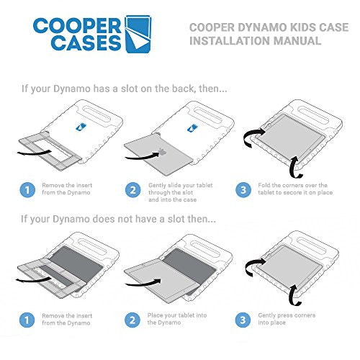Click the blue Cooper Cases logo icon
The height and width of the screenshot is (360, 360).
click(x=138, y=34)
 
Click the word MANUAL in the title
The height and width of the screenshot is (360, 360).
click(x=297, y=40)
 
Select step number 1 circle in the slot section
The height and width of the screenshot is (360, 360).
click(x=27, y=190)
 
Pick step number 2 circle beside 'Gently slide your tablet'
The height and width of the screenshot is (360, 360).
click(x=133, y=190)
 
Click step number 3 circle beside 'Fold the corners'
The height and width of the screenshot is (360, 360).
click(x=243, y=190)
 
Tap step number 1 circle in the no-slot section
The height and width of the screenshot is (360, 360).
click(x=27, y=320)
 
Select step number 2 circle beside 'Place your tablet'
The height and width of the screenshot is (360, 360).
click(x=132, y=320)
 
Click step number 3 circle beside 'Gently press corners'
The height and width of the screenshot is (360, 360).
click(x=243, y=320)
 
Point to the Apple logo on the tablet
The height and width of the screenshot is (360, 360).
click(x=163, y=152)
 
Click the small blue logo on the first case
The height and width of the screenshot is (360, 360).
click(x=81, y=127)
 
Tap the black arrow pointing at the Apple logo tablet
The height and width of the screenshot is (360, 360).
click(x=143, y=156)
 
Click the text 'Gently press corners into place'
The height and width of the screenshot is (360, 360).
click(x=287, y=319)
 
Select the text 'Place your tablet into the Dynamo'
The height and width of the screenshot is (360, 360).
click(x=177, y=319)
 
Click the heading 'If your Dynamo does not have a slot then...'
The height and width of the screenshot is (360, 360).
click(x=118, y=219)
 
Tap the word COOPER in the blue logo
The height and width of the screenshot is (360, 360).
click(x=77, y=25)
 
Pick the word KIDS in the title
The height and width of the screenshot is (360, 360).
click(x=303, y=27)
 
